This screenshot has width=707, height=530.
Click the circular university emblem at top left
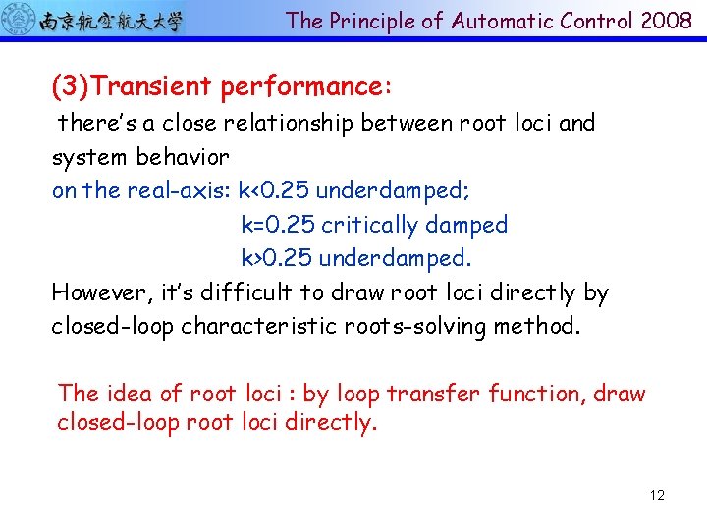[21, 20]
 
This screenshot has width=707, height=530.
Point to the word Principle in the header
[374, 21]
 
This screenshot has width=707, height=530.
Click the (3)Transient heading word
[132, 87]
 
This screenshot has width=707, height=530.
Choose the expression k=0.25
[278, 225]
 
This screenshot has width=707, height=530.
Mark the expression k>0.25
[277, 259]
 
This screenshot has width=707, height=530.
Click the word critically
[373, 225]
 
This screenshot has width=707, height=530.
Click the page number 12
[657, 495]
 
